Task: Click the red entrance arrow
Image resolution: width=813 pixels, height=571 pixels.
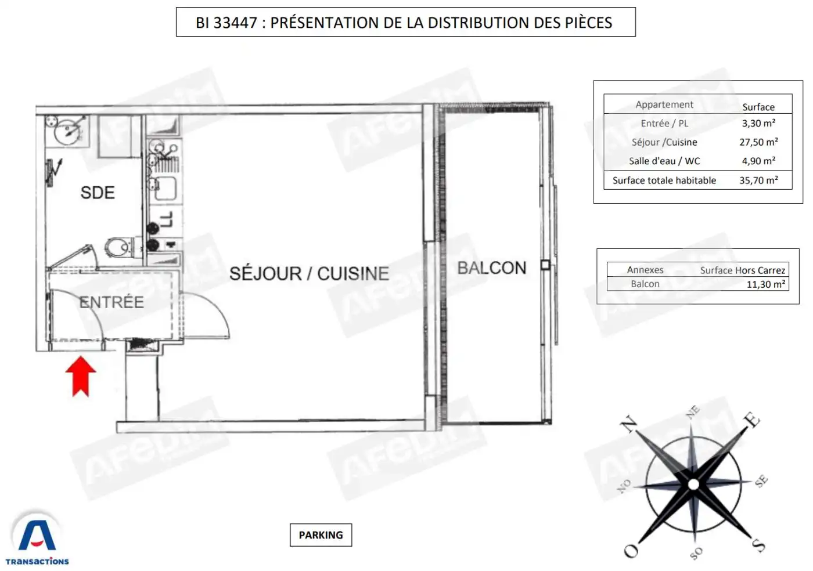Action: click(81, 375)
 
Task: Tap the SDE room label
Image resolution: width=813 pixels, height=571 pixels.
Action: click(98, 193)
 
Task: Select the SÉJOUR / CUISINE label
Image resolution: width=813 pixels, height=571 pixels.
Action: click(309, 273)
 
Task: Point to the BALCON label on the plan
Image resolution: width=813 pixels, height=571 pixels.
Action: click(491, 268)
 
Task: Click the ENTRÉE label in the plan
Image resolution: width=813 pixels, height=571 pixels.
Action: click(111, 302)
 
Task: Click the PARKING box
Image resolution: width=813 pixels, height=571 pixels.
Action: click(321, 535)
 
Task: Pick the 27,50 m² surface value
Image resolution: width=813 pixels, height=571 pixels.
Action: click(758, 142)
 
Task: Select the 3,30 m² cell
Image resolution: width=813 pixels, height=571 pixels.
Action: click(758, 123)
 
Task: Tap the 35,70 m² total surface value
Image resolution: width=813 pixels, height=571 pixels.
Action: click(758, 180)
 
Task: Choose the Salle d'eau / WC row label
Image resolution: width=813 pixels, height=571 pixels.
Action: click(664, 161)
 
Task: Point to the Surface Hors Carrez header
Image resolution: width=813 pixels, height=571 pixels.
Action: click(742, 270)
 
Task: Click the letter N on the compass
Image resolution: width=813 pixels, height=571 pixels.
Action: click(629, 424)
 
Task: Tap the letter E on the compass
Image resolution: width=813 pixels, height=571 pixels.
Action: click(752, 419)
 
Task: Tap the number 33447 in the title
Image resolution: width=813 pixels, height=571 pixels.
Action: click(235, 23)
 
